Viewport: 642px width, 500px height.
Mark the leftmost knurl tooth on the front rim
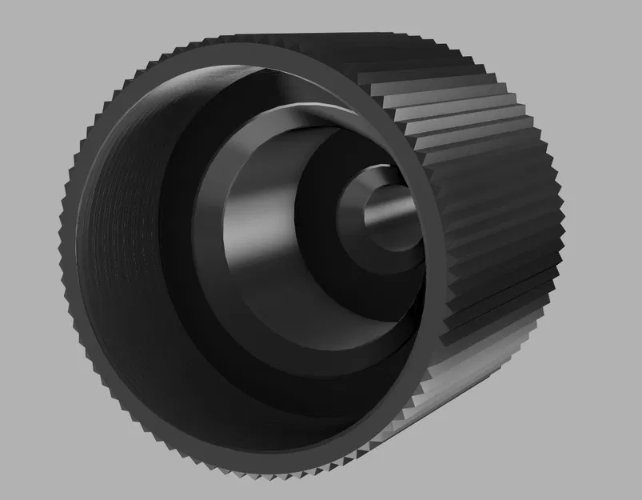pos(62,232)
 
